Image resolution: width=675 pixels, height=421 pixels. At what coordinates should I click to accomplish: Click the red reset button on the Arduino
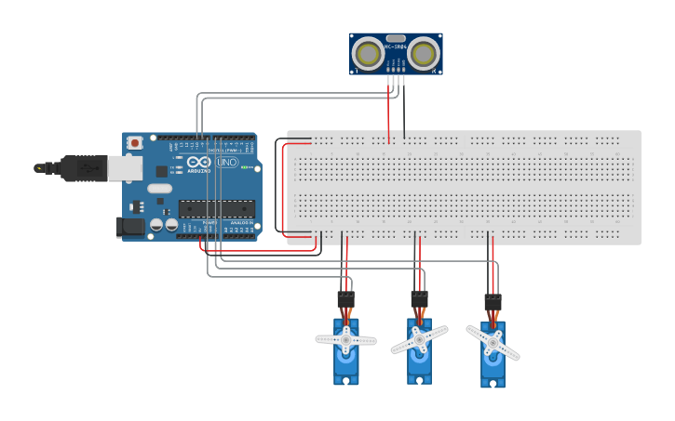(x=135, y=142)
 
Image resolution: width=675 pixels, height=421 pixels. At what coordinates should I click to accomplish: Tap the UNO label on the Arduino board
(x=227, y=162)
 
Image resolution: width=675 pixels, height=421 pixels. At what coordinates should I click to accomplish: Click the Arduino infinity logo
(x=198, y=161)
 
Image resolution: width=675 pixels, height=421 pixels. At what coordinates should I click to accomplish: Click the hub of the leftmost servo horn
(x=345, y=340)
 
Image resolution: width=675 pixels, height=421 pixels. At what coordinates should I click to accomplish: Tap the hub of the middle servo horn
(x=419, y=339)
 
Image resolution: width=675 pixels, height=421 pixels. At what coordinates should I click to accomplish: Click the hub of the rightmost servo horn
(x=492, y=343)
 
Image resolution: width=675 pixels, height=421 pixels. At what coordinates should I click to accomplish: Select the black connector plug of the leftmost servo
(x=345, y=299)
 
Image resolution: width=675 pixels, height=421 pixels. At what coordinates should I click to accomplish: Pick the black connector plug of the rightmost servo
(x=493, y=302)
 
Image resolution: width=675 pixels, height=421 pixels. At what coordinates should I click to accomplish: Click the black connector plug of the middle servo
(x=419, y=298)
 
